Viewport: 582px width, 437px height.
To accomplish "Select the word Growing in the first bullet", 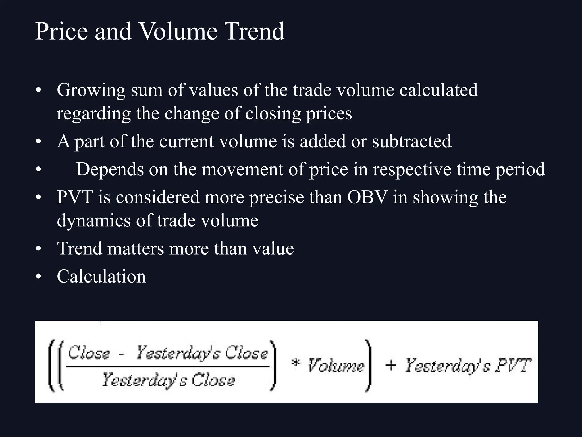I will [91, 90].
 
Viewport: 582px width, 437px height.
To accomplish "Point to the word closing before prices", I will [273, 114].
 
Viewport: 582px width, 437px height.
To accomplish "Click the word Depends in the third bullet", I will [110, 170].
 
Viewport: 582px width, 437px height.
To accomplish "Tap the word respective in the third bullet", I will [412, 170].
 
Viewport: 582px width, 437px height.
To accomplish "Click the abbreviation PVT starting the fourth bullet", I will [75, 197].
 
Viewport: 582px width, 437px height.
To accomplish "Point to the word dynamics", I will [94, 221].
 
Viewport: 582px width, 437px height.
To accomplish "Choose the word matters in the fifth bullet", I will [136, 248].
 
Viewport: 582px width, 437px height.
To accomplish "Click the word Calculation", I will [101, 276].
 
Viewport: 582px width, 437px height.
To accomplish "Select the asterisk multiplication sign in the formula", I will [296, 364].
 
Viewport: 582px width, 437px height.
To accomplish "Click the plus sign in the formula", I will [390, 365].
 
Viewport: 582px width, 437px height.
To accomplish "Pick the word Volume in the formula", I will [336, 366].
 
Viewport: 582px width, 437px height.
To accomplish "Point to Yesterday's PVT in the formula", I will [468, 366].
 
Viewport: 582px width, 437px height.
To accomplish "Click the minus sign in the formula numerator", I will [122, 355].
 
